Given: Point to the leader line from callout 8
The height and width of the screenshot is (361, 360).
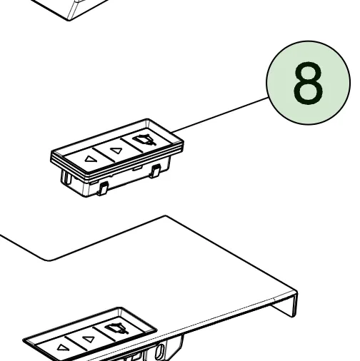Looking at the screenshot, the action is point(219,115).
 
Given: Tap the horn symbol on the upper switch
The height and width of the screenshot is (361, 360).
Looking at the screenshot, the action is point(144,140).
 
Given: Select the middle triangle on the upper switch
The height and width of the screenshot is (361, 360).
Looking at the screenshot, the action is point(116,151).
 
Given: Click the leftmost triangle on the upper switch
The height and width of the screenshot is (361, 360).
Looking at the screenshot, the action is point(90,158).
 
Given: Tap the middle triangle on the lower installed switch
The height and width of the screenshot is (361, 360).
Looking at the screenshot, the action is point(88,339).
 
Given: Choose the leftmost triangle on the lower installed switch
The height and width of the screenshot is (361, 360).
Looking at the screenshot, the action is point(62,347).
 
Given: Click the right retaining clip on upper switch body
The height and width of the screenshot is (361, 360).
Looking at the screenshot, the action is point(155,171).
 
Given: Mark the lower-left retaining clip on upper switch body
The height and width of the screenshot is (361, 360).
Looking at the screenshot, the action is point(103,188).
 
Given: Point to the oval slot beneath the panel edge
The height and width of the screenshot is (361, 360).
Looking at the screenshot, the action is point(159,352).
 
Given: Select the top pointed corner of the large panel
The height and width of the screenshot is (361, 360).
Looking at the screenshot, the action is point(166,216).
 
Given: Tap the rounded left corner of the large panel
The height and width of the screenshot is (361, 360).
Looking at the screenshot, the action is point(49,260).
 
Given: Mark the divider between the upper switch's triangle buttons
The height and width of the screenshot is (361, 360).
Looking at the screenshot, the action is point(104,155).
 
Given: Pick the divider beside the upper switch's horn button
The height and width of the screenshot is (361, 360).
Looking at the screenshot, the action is point(131,145).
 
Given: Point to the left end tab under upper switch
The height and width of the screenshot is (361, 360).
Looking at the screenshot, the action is point(66,176).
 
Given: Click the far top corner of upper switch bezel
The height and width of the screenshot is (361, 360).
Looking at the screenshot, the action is point(147,119).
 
